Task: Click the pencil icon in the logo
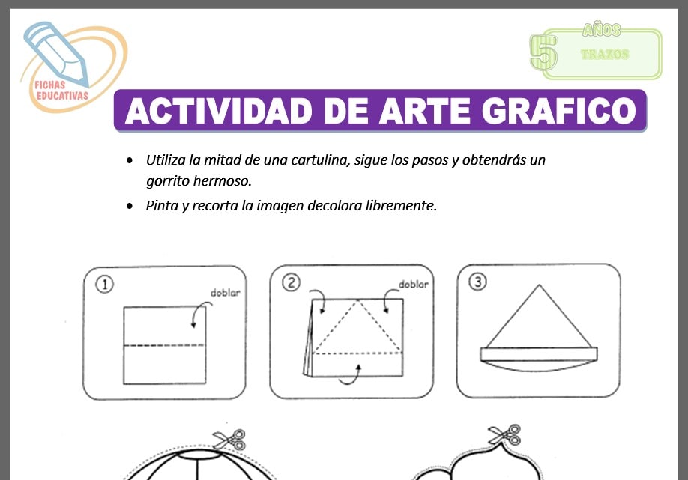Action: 56,52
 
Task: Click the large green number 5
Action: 541,52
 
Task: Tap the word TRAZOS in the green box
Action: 604,55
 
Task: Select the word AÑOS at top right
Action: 601,30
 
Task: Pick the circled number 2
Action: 291,282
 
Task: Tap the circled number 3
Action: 477,282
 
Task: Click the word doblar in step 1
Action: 225,293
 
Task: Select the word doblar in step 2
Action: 413,284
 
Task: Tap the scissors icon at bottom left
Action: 229,439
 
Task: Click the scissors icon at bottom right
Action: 504,434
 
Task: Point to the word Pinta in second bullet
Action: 161,205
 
